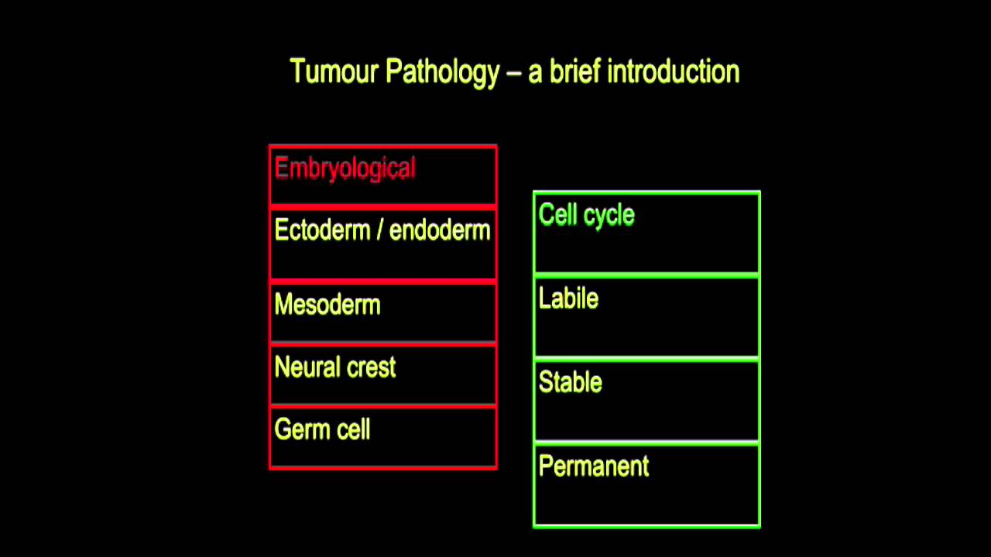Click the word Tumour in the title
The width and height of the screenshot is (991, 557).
tap(334, 72)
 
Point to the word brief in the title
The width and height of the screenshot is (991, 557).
tap(575, 72)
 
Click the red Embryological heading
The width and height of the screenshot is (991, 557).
tap(345, 169)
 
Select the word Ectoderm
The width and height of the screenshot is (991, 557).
tap(322, 231)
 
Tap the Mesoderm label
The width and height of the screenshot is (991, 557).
tap(327, 305)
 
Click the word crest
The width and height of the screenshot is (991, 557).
tap(371, 367)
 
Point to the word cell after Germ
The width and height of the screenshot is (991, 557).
tap(353, 429)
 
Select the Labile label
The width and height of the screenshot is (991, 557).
tap(568, 299)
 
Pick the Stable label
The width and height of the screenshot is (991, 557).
tap(570, 382)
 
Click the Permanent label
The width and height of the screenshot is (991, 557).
tap(593, 466)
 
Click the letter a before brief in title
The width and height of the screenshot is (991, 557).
tap(535, 73)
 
